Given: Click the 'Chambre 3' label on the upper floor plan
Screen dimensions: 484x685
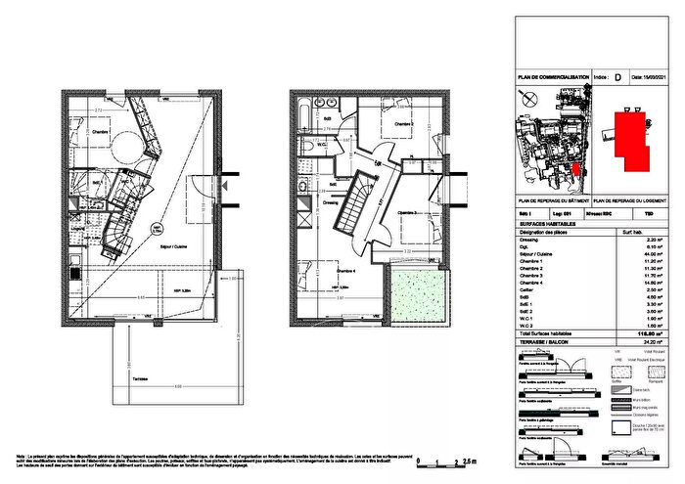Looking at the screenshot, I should (409, 212).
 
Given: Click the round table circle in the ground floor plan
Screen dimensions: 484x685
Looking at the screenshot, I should (126, 147).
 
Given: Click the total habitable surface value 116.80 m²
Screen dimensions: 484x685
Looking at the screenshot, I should (645, 333).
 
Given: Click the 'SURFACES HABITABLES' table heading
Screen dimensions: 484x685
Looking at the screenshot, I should (543, 224).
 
